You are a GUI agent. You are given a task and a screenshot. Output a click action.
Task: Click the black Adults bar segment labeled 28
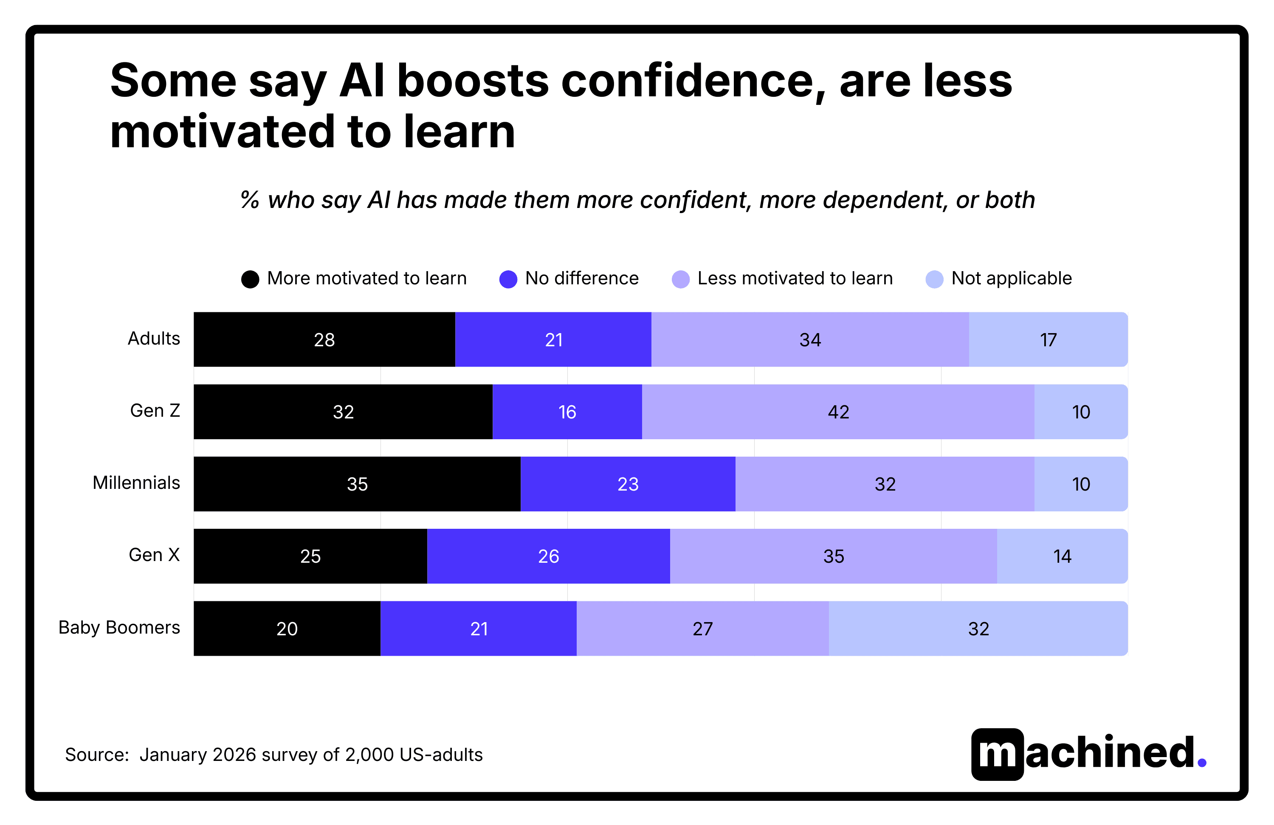pos(324,339)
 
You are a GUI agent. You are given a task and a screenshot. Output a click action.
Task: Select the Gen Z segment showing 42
pos(838,411)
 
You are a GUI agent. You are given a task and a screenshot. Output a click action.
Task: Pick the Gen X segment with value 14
pos(1062,556)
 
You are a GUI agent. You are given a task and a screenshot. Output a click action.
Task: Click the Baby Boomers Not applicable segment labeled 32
pos(978,628)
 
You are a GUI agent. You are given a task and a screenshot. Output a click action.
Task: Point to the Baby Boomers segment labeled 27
pos(702,628)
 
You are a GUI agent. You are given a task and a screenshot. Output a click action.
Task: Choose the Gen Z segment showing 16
pos(567,411)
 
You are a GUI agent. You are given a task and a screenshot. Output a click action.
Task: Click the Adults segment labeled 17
pos(1048,339)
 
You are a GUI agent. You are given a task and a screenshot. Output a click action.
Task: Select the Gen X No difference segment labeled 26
pos(548,556)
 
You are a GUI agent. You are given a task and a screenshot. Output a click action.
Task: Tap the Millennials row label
pos(136,483)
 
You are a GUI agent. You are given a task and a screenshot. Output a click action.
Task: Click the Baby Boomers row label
pos(119,627)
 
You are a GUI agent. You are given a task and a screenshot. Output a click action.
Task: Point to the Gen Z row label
pos(155,410)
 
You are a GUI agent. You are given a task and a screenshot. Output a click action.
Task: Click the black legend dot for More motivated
pos(250,279)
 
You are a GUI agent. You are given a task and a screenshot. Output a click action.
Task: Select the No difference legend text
pos(581,278)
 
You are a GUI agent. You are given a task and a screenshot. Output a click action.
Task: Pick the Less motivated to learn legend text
pos(795,278)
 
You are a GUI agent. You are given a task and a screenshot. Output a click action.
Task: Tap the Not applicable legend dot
pos(934,279)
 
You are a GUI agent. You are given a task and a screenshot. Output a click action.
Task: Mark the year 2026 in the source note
pos(234,755)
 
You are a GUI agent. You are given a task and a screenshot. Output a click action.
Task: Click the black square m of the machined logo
pos(997,754)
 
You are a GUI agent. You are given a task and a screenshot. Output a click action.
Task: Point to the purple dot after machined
pos(1202,762)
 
